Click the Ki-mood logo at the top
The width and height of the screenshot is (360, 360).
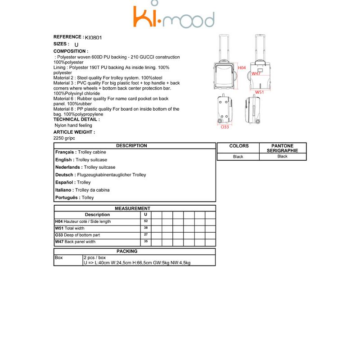(173, 17)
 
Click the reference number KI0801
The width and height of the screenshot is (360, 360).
(93, 38)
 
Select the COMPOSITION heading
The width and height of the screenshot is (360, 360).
(71, 51)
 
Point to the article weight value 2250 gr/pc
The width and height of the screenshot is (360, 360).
(64, 139)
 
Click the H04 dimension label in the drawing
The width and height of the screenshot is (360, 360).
(242, 67)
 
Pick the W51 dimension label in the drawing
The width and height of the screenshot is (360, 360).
(259, 92)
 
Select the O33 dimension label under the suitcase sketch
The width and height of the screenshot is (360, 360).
(225, 127)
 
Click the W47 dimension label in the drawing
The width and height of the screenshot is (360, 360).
(256, 73)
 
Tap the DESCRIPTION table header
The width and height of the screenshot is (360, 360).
(131, 146)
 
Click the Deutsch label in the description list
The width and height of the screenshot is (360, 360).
(65, 175)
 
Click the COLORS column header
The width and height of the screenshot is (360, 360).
(238, 146)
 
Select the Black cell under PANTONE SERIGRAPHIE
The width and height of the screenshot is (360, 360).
(282, 157)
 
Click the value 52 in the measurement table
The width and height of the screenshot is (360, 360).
(145, 221)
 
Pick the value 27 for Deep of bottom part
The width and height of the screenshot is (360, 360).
(145, 235)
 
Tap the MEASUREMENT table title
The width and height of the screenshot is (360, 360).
(132, 208)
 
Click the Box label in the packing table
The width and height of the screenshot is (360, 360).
(58, 258)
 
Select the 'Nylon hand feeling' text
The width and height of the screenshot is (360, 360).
(73, 126)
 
